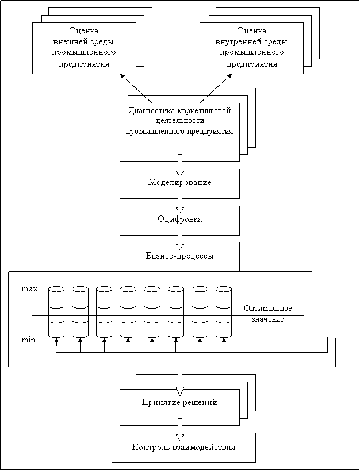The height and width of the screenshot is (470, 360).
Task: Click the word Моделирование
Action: pyautogui.click(x=179, y=183)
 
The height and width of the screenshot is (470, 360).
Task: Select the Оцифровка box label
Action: pyautogui.click(x=179, y=219)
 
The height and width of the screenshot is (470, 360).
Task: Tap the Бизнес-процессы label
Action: pyautogui.click(x=180, y=256)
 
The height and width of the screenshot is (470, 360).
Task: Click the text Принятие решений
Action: pyautogui.click(x=179, y=403)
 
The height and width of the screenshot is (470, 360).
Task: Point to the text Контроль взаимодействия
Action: pyautogui.click(x=183, y=448)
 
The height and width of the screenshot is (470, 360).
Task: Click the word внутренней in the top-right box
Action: pyautogui.click(x=236, y=42)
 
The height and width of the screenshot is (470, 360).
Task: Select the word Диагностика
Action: pyautogui.click(x=152, y=111)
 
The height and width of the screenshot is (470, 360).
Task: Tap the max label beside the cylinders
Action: pyautogui.click(x=29, y=290)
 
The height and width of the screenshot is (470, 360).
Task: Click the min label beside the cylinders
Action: pyautogui.click(x=28, y=341)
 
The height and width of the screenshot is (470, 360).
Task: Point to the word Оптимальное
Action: pyautogui.click(x=268, y=309)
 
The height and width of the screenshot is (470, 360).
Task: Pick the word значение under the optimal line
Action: pyautogui.click(x=267, y=319)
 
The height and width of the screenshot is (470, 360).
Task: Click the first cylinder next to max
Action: pyautogui.click(x=56, y=312)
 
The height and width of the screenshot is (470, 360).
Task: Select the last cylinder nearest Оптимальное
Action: pyautogui.click(x=224, y=312)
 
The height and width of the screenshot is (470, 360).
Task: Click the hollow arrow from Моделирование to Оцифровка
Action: pyautogui.click(x=179, y=202)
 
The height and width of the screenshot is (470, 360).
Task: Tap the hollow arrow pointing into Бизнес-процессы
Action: pyautogui.click(x=179, y=238)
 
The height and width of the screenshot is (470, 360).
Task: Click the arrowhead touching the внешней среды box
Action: pyautogui.click(x=122, y=76)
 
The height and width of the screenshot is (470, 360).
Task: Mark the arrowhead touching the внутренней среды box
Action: pyautogui.click(x=229, y=76)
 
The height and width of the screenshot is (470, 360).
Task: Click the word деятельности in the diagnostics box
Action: pyautogui.click(x=180, y=121)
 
